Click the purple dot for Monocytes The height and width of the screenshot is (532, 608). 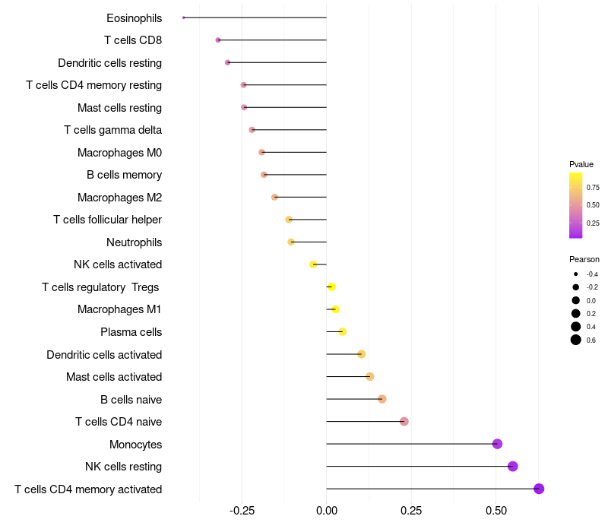click(x=497, y=444)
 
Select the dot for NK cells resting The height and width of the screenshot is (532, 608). click(x=513, y=467)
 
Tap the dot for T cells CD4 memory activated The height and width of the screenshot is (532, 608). click(x=539, y=489)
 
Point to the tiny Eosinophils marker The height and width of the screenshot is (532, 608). click(x=184, y=17)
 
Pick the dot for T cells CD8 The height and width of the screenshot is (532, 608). click(x=218, y=40)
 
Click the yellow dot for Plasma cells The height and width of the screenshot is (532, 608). click(x=342, y=331)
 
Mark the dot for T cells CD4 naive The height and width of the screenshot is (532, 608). click(x=404, y=422)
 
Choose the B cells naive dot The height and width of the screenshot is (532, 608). click(x=382, y=399)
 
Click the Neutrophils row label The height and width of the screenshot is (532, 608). click(x=134, y=242)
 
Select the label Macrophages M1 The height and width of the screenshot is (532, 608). click(x=119, y=309)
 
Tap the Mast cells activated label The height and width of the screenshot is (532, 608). click(x=114, y=377)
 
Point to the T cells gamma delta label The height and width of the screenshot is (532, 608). click(x=112, y=130)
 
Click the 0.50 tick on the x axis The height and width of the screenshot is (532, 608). click(x=496, y=511)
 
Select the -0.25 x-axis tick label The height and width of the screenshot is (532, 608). click(x=242, y=511)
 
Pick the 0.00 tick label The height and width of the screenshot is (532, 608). click(x=326, y=511)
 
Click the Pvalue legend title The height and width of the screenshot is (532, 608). click(x=581, y=164)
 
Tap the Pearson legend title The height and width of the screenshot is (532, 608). click(x=584, y=259)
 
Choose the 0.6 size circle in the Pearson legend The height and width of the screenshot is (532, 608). click(x=576, y=340)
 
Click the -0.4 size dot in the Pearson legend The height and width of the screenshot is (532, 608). click(x=576, y=274)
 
